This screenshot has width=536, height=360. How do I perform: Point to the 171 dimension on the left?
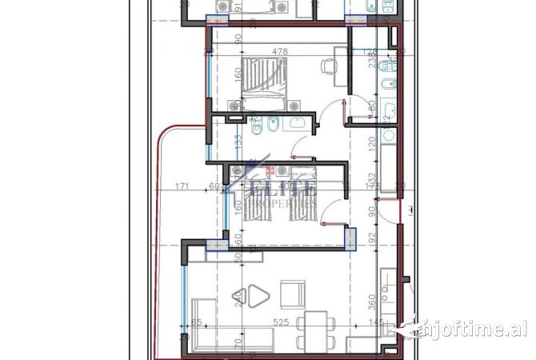(x=181, y=186)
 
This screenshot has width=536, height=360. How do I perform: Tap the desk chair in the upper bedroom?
(x=327, y=67)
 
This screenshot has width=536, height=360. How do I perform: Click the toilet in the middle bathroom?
(x=257, y=126)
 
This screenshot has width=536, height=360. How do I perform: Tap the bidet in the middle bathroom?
(x=273, y=126)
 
